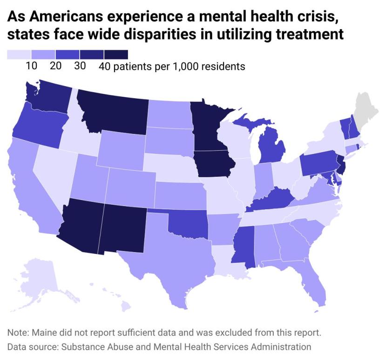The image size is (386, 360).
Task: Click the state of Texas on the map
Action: tap(172, 265)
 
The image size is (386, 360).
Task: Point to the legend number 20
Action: tap(55, 67)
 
